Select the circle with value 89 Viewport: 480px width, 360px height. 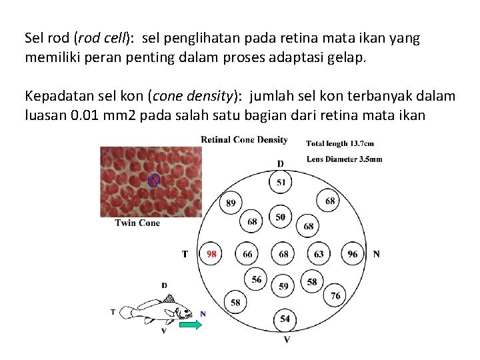(231, 203)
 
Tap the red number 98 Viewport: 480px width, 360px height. (211, 253)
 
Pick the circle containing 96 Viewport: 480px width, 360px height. (353, 253)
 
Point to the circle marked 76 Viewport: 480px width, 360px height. (335, 295)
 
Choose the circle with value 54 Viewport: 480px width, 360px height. (285, 319)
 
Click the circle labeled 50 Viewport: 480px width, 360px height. (280, 217)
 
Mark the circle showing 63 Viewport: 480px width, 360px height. (319, 253)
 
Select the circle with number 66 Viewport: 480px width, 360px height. (247, 253)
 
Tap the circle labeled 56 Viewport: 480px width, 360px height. (257, 280)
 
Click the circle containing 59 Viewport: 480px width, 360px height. (284, 286)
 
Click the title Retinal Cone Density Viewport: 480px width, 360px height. (244, 139)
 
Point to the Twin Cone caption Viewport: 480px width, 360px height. (137, 223)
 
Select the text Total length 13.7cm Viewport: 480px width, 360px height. (340, 143)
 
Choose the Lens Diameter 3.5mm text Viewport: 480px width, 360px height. (345, 159)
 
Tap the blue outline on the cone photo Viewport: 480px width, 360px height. (154, 180)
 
